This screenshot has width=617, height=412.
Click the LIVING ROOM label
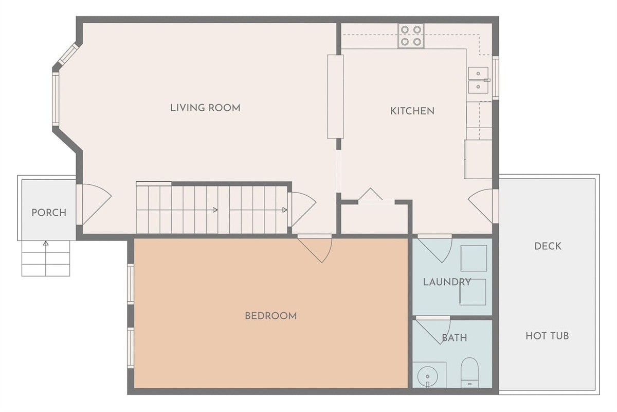(205, 108)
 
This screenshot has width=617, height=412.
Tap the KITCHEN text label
(412, 111)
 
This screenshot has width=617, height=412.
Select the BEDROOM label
(271, 316)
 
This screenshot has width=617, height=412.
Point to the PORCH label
(49, 213)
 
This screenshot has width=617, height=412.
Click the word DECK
(548, 246)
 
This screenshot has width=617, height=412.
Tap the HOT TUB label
(547, 336)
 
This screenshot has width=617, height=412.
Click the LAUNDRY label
(447, 282)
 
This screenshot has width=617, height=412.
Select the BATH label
(455, 338)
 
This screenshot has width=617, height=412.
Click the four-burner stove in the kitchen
(411, 36)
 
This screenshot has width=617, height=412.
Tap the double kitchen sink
(479, 80)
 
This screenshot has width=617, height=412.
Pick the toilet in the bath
(469, 372)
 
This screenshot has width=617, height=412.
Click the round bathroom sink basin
(427, 376)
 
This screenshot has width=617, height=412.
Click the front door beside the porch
(94, 204)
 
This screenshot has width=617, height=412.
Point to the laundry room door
(434, 248)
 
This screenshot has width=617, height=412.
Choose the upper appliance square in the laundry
(474, 259)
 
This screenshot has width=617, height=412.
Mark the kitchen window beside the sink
(496, 78)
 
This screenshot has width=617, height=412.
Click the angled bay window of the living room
(68, 54)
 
